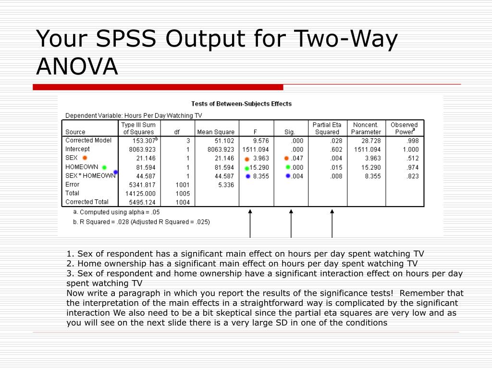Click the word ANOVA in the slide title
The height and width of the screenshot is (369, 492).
77,66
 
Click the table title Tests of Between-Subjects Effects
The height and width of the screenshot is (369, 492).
241,103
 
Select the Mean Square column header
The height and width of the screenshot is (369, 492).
216,132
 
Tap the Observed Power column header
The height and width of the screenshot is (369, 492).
404,128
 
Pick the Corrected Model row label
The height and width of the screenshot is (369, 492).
88,140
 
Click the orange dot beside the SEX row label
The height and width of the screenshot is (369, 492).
85,158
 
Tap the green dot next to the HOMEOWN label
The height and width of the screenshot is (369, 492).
104,167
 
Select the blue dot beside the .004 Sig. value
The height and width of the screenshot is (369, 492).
288,176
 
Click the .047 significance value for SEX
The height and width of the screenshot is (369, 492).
297,158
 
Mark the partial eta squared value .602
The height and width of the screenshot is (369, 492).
336,149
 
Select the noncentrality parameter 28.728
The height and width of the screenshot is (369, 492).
370,141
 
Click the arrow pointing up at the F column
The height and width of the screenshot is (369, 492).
250,223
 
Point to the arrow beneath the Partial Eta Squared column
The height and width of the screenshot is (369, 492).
332,223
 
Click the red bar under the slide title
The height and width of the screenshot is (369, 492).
158,87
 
